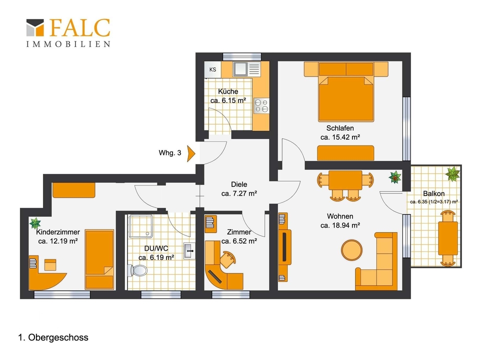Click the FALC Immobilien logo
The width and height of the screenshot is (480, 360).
click(68, 33)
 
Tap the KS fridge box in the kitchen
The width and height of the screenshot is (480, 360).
click(213, 69)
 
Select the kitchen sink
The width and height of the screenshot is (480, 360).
click(240, 69)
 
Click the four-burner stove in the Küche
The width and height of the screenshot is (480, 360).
click(261, 105)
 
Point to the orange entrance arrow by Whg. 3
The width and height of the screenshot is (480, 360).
click(191, 153)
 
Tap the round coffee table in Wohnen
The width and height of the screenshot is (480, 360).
click(351, 250)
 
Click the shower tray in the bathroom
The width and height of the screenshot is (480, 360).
click(141, 226)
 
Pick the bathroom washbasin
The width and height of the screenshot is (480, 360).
click(189, 251)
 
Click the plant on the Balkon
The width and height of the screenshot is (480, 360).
click(452, 174)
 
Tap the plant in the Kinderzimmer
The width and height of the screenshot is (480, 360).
click(35, 223)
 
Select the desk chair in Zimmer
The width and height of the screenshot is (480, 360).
click(227, 260)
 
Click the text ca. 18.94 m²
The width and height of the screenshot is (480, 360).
click(340, 225)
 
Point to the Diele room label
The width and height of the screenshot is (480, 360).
click(239, 184)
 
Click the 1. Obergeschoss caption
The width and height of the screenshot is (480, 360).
click(53, 337)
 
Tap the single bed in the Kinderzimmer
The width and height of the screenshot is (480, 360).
click(99, 259)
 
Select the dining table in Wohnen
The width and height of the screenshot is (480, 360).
click(345, 180)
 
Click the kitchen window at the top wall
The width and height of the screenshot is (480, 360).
click(242, 56)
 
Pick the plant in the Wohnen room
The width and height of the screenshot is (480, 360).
click(395, 177)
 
